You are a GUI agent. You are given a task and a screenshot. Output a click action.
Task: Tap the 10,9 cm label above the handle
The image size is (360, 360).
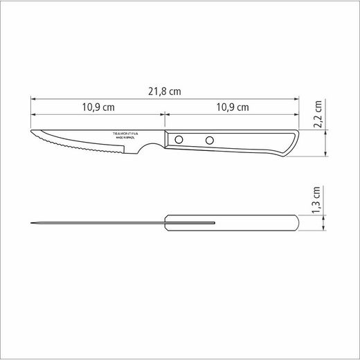pos(231,108)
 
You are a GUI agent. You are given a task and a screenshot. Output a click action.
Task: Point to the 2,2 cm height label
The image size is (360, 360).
pos(318,115)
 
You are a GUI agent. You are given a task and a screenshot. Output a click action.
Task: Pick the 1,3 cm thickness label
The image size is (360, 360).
pos(318,202)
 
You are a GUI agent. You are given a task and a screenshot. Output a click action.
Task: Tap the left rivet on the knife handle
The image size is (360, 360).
pos(179,141)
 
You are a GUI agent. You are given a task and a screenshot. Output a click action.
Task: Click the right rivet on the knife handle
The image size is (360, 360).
pos(208,141)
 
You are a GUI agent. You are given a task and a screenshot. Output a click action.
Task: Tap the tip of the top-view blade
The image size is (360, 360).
pos(32,223)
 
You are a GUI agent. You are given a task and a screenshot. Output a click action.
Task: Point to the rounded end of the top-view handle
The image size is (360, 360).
pos(296,223)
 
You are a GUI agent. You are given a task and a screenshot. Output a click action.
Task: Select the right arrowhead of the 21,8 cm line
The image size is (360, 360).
pos(296,99)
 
